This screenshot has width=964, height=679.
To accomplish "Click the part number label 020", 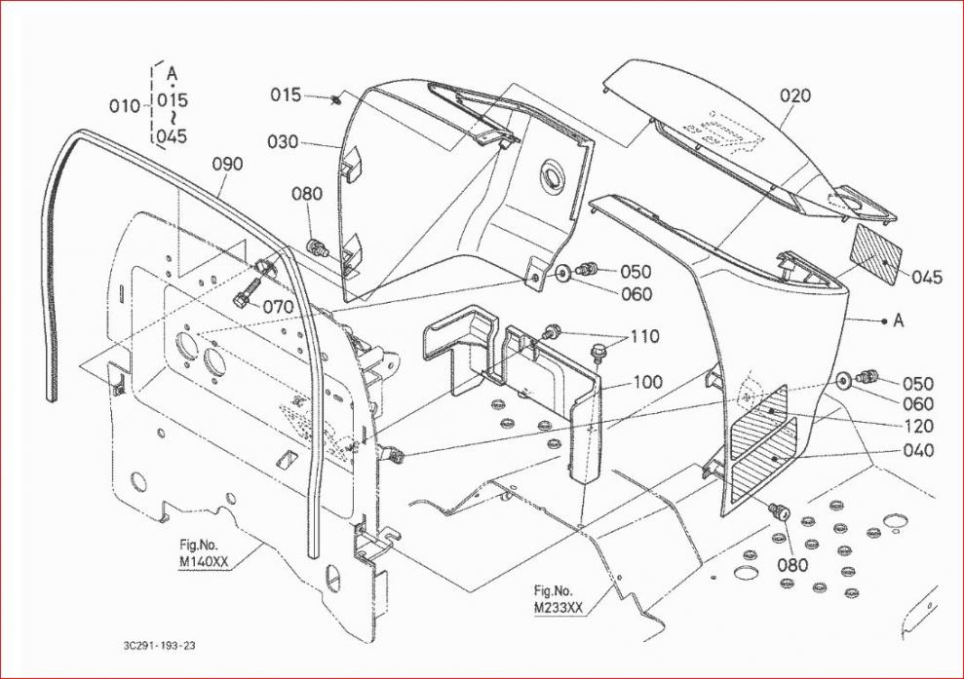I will tap(795, 95).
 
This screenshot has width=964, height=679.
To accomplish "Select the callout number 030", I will tap(283, 142).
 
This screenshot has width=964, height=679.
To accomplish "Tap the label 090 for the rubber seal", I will tap(227, 165).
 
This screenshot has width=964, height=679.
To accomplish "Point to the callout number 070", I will tap(279, 306).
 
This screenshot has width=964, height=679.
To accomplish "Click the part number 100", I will tap(647, 382).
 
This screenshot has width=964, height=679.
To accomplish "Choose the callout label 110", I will tap(644, 337).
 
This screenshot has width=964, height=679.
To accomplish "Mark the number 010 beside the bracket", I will tap(125, 106).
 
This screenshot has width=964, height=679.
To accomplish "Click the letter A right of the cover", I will tap(899, 320).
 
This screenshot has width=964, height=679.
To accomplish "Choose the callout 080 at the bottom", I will tap(792, 565).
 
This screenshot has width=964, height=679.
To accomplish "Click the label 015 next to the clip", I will tap(286, 94).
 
